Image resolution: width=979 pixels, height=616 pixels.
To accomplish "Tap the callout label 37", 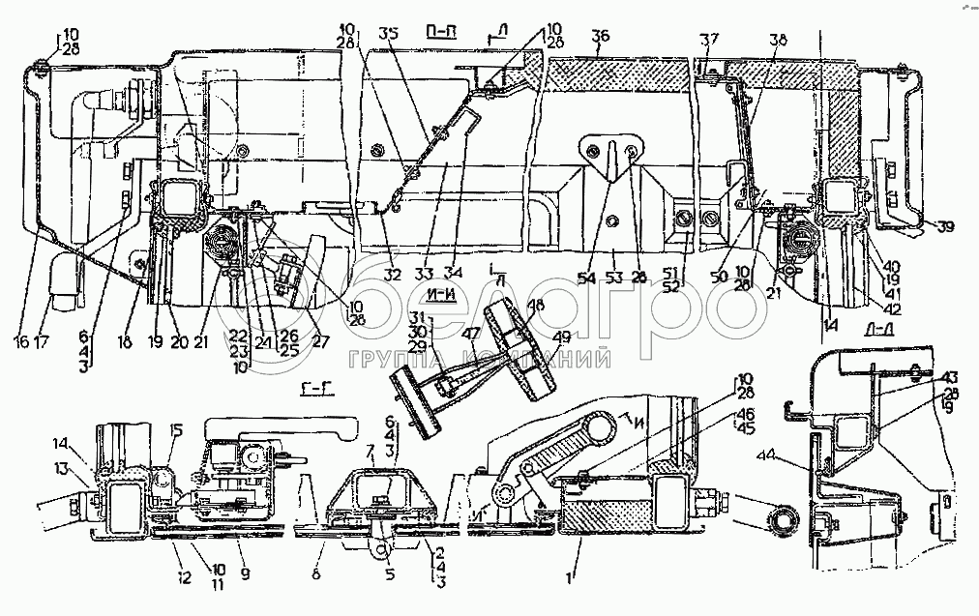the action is [x=711, y=40].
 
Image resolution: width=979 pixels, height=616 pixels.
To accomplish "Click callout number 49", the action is [x=562, y=337].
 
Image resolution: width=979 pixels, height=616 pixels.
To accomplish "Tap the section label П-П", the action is [x=441, y=32].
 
